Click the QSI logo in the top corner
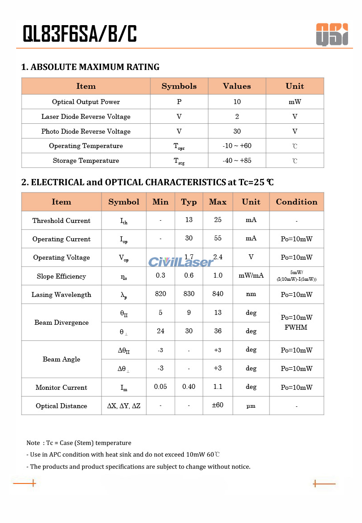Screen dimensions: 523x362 (332, 34)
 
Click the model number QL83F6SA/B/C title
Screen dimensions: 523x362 (80, 34)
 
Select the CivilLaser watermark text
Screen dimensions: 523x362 (181, 262)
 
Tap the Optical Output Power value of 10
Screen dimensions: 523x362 (237, 102)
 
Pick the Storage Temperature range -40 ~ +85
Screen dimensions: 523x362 (237, 161)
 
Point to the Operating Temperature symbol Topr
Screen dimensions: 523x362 (179, 146)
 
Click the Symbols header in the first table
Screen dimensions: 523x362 (179, 86)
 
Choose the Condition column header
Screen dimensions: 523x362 (296, 202)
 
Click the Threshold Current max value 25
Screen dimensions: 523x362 (218, 220)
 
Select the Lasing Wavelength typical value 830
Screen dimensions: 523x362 (189, 294)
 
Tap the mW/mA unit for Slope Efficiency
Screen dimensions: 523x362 (251, 275)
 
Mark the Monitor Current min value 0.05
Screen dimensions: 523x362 (160, 387)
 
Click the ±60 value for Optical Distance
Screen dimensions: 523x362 (218, 405)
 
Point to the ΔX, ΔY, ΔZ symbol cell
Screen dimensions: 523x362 (124, 406)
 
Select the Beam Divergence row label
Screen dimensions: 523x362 (62, 323)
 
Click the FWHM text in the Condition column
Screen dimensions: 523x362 (296, 327)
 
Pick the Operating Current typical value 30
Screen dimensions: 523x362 (189, 239)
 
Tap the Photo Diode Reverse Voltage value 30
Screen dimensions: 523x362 (237, 131)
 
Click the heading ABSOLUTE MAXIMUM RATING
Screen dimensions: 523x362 (90, 67)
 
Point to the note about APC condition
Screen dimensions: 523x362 (123, 455)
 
